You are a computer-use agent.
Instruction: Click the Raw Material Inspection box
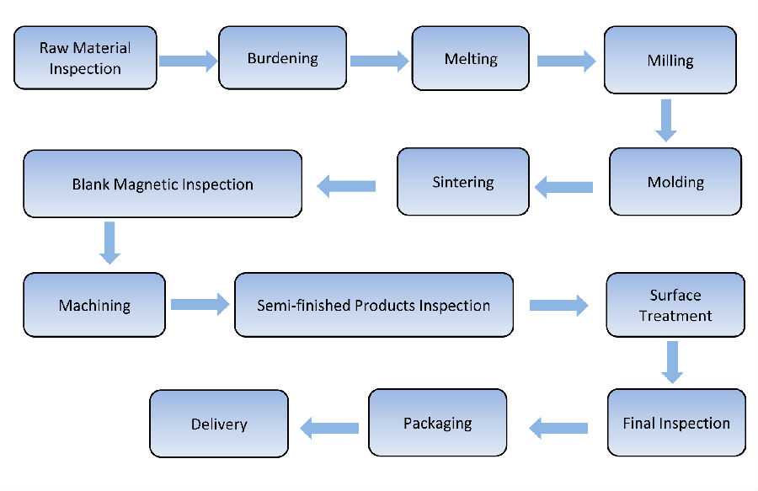(x=85, y=57)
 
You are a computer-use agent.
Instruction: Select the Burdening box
(x=282, y=58)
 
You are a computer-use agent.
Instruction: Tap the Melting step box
(x=470, y=59)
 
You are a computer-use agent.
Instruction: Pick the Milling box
(x=670, y=60)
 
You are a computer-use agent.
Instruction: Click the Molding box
(x=675, y=182)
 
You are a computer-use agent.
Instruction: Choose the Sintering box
(x=462, y=182)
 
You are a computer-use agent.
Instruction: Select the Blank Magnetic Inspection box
(x=163, y=184)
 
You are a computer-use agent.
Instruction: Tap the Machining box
(x=93, y=305)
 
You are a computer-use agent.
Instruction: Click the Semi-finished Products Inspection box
(x=373, y=305)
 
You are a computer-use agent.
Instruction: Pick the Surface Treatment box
(x=675, y=305)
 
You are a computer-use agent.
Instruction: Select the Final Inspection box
(x=675, y=423)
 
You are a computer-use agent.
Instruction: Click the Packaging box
(x=437, y=423)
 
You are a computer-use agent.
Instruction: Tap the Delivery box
(x=218, y=424)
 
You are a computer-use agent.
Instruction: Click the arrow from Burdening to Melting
(x=378, y=61)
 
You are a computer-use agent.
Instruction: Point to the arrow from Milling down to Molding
(x=666, y=120)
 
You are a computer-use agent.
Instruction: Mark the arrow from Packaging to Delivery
(x=329, y=428)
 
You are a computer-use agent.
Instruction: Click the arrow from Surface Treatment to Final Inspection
(x=671, y=361)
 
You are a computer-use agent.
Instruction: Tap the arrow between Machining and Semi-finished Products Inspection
(x=200, y=304)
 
